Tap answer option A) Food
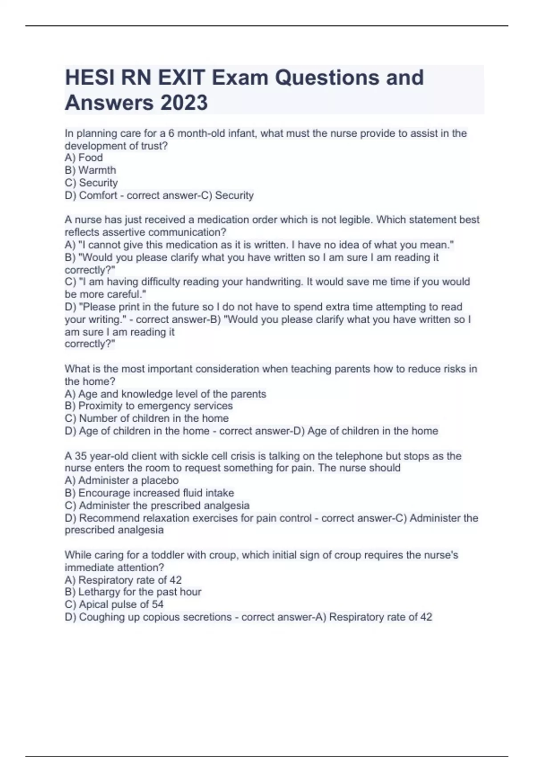[84, 158]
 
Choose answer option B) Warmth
[90, 170]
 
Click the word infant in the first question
[242, 133]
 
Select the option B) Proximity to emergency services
[149, 406]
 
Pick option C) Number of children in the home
[146, 418]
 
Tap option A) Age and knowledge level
[165, 394]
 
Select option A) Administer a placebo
[121, 480]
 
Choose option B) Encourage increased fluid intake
[149, 493]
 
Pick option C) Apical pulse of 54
[114, 604]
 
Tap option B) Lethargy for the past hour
[133, 592]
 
